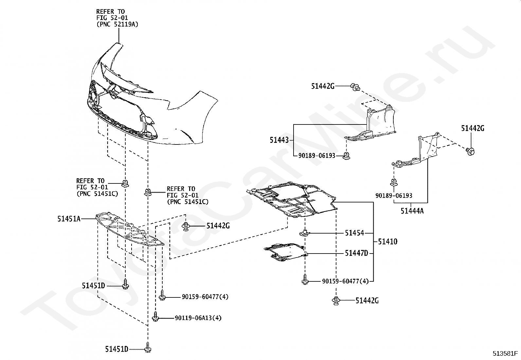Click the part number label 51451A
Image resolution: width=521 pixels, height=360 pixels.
pyautogui.click(x=69, y=219)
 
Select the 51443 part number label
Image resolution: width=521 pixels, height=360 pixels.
pyautogui.click(x=279, y=140)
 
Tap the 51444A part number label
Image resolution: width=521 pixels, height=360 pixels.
pyautogui.click(x=412, y=211)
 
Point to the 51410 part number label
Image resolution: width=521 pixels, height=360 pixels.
pyautogui.click(x=387, y=242)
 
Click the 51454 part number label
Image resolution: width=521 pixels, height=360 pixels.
pyautogui.click(x=354, y=233)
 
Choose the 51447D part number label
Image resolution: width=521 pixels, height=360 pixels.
pyautogui.click(x=356, y=253)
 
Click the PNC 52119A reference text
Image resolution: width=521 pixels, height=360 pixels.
pyautogui.click(x=117, y=24)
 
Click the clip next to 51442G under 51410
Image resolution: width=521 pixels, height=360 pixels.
pyautogui.click(x=336, y=300)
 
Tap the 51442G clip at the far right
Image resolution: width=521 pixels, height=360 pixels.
pyautogui.click(x=470, y=151)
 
